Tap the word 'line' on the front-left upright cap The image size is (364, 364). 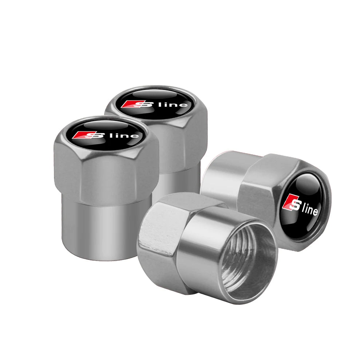tap(129, 136)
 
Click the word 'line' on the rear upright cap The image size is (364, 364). tap(178, 105)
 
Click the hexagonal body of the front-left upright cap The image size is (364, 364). tap(106, 171)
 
